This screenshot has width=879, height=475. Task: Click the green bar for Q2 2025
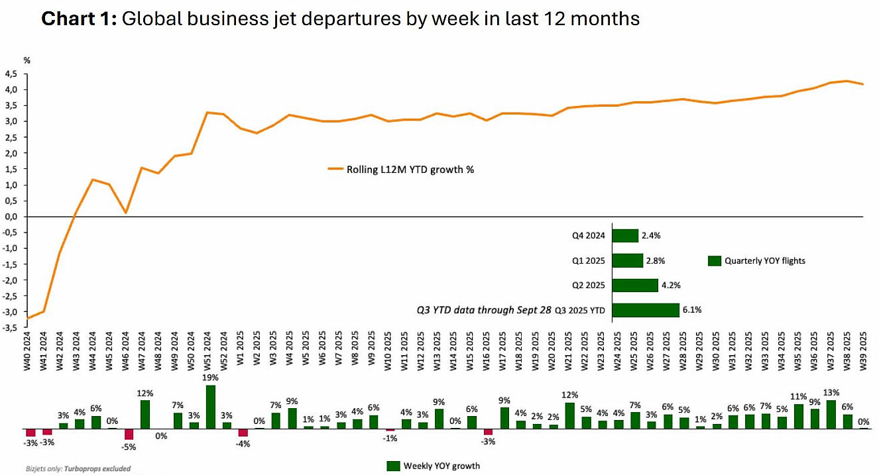tap(634, 285)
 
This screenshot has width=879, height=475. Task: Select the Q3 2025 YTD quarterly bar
tap(646, 309)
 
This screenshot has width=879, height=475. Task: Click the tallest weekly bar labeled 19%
tap(211, 407)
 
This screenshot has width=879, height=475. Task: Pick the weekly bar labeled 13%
tap(831, 414)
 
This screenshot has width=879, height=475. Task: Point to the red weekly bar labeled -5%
tap(129, 434)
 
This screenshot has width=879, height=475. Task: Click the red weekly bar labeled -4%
tap(243, 433)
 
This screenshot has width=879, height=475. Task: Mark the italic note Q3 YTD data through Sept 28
tap(483, 309)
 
